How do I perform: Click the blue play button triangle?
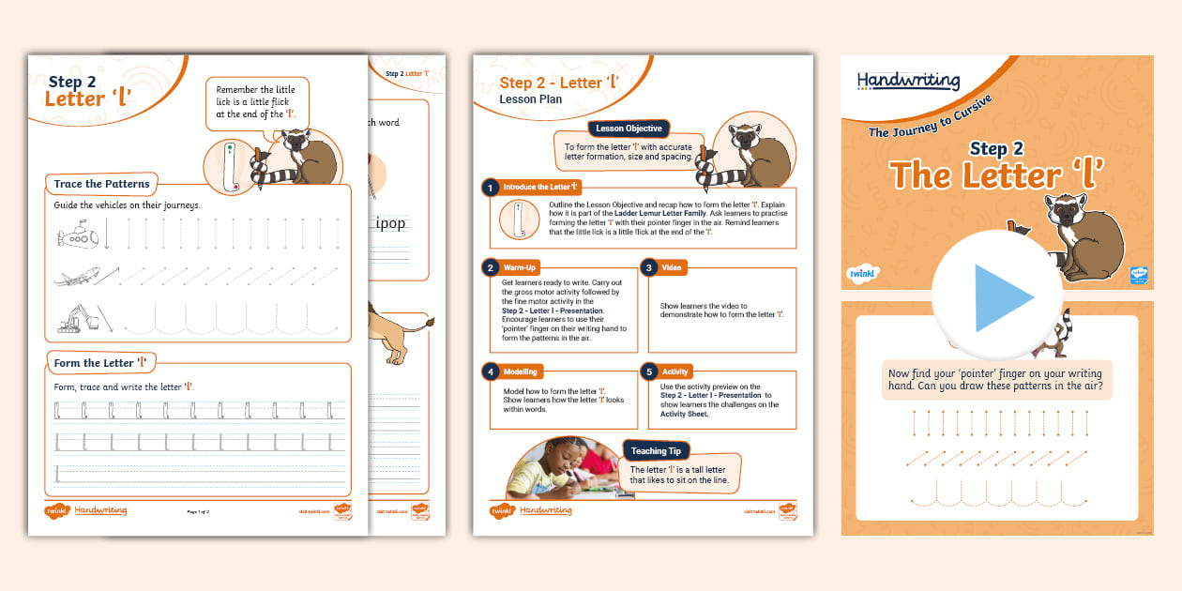click(1001, 297)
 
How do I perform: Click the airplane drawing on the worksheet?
click(74, 278)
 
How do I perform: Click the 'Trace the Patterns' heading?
click(101, 184)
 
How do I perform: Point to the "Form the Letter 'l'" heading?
click(100, 363)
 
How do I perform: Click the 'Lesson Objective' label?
click(629, 129)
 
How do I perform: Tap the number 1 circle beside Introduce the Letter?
click(489, 188)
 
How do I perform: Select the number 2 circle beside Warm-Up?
click(489, 267)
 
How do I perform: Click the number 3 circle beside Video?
click(648, 267)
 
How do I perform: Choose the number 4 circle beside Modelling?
click(489, 371)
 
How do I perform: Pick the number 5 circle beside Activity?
click(648, 371)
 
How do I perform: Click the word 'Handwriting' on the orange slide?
click(908, 82)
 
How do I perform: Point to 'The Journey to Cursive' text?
click(930, 117)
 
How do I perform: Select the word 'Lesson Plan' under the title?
click(531, 99)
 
